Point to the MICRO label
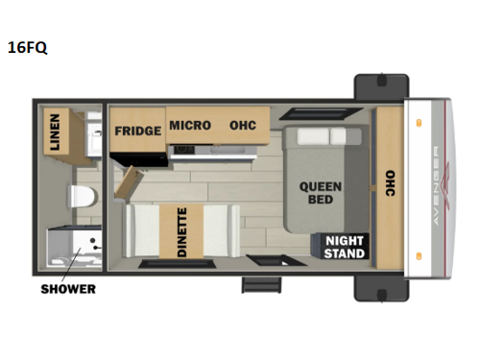[189, 126]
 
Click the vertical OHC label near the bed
[389, 185]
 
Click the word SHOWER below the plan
[67, 289]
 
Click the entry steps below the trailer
[256, 285]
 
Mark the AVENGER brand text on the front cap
[436, 185]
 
